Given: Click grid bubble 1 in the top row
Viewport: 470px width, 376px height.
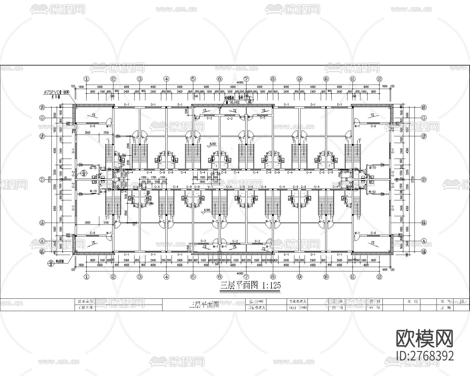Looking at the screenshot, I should (86, 79).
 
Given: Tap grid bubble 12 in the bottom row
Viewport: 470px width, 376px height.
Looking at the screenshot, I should (379, 276).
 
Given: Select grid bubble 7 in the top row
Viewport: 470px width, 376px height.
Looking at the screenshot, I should (246, 79).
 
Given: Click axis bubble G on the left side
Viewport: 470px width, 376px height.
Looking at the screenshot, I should (42, 118).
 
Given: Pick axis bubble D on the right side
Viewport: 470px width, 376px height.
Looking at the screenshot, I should (424, 179).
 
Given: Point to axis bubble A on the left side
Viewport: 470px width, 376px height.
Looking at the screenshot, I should (42, 241).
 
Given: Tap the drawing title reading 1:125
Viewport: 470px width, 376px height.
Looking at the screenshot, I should (250, 285).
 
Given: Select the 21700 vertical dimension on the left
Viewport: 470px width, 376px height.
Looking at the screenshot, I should (50, 179).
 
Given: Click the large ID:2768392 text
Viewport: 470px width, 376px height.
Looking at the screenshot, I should (425, 356).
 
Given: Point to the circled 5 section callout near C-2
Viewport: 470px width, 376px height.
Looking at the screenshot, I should (84, 172).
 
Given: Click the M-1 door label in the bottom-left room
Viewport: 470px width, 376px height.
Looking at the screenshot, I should (109, 233).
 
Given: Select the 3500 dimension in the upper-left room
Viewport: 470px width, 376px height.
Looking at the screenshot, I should (87, 133).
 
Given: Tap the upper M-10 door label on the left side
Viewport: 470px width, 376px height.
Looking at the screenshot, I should (93, 168).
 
